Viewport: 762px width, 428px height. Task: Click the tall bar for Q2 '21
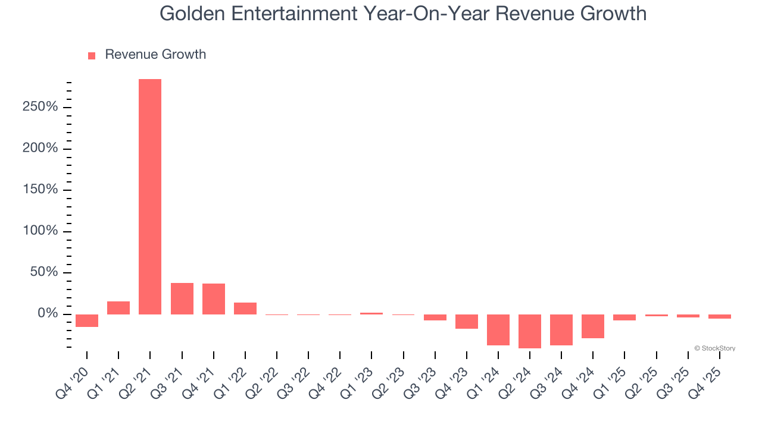click(x=150, y=196)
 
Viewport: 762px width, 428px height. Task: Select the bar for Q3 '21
click(x=182, y=298)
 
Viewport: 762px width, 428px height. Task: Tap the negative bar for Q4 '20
click(x=87, y=320)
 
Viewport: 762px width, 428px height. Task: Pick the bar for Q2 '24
click(x=530, y=331)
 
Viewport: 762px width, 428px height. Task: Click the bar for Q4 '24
click(x=593, y=326)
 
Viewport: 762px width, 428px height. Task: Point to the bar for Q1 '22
click(x=245, y=308)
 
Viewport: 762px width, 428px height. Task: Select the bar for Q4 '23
click(x=467, y=321)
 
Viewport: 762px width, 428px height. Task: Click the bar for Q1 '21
click(x=118, y=307)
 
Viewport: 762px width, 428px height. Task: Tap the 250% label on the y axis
click(x=40, y=107)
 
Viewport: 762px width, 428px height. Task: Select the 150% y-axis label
click(x=40, y=190)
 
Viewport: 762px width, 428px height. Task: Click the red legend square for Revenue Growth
click(x=92, y=55)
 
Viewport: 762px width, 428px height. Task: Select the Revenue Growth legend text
click(x=155, y=55)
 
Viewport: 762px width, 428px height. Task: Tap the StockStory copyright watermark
click(x=714, y=348)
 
